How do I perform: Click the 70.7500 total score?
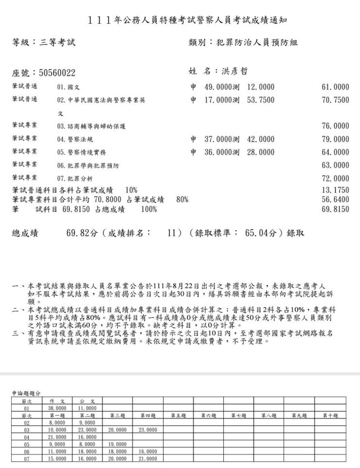(335, 100)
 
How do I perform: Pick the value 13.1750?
(335, 190)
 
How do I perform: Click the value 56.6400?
(335, 199)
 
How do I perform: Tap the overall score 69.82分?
(82, 233)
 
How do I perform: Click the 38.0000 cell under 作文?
(57, 409)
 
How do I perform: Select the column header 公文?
(88, 401)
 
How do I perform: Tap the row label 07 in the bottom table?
(27, 458)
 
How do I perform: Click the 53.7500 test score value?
(261, 100)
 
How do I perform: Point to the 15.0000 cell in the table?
(57, 458)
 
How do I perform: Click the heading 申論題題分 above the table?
(27, 392)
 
